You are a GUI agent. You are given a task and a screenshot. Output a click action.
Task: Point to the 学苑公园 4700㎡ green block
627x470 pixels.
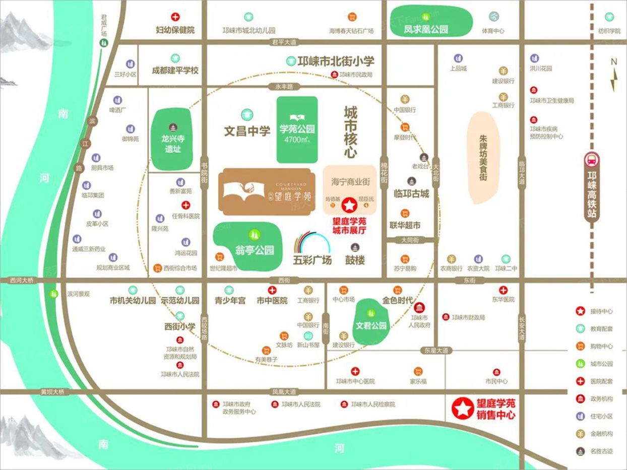[x=297, y=129]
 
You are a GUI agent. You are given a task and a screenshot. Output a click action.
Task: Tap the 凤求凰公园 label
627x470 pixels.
[x=426, y=30]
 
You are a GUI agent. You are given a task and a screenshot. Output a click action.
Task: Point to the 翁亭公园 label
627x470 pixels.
[x=255, y=250]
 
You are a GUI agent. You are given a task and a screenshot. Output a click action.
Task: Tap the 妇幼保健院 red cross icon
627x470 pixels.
[x=175, y=17]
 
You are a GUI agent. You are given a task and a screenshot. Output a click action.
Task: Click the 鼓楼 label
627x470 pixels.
[x=355, y=260]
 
